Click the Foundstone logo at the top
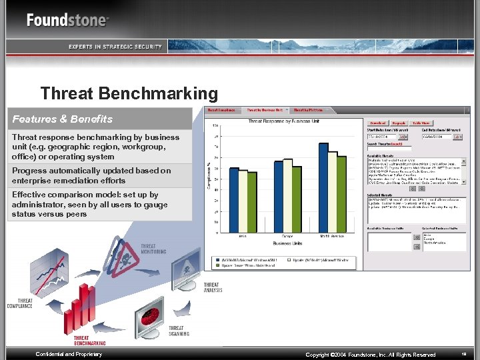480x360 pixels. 67,19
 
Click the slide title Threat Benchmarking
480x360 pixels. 129,93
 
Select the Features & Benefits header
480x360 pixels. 63,119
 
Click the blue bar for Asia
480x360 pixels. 233,200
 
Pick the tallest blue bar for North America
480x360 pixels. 323,188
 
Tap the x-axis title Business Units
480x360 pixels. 287,244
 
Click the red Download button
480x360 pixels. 378,123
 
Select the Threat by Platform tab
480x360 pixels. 308,109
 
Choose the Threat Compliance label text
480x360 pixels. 19,303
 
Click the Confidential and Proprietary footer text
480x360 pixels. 69,354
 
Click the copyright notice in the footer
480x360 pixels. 370,355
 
